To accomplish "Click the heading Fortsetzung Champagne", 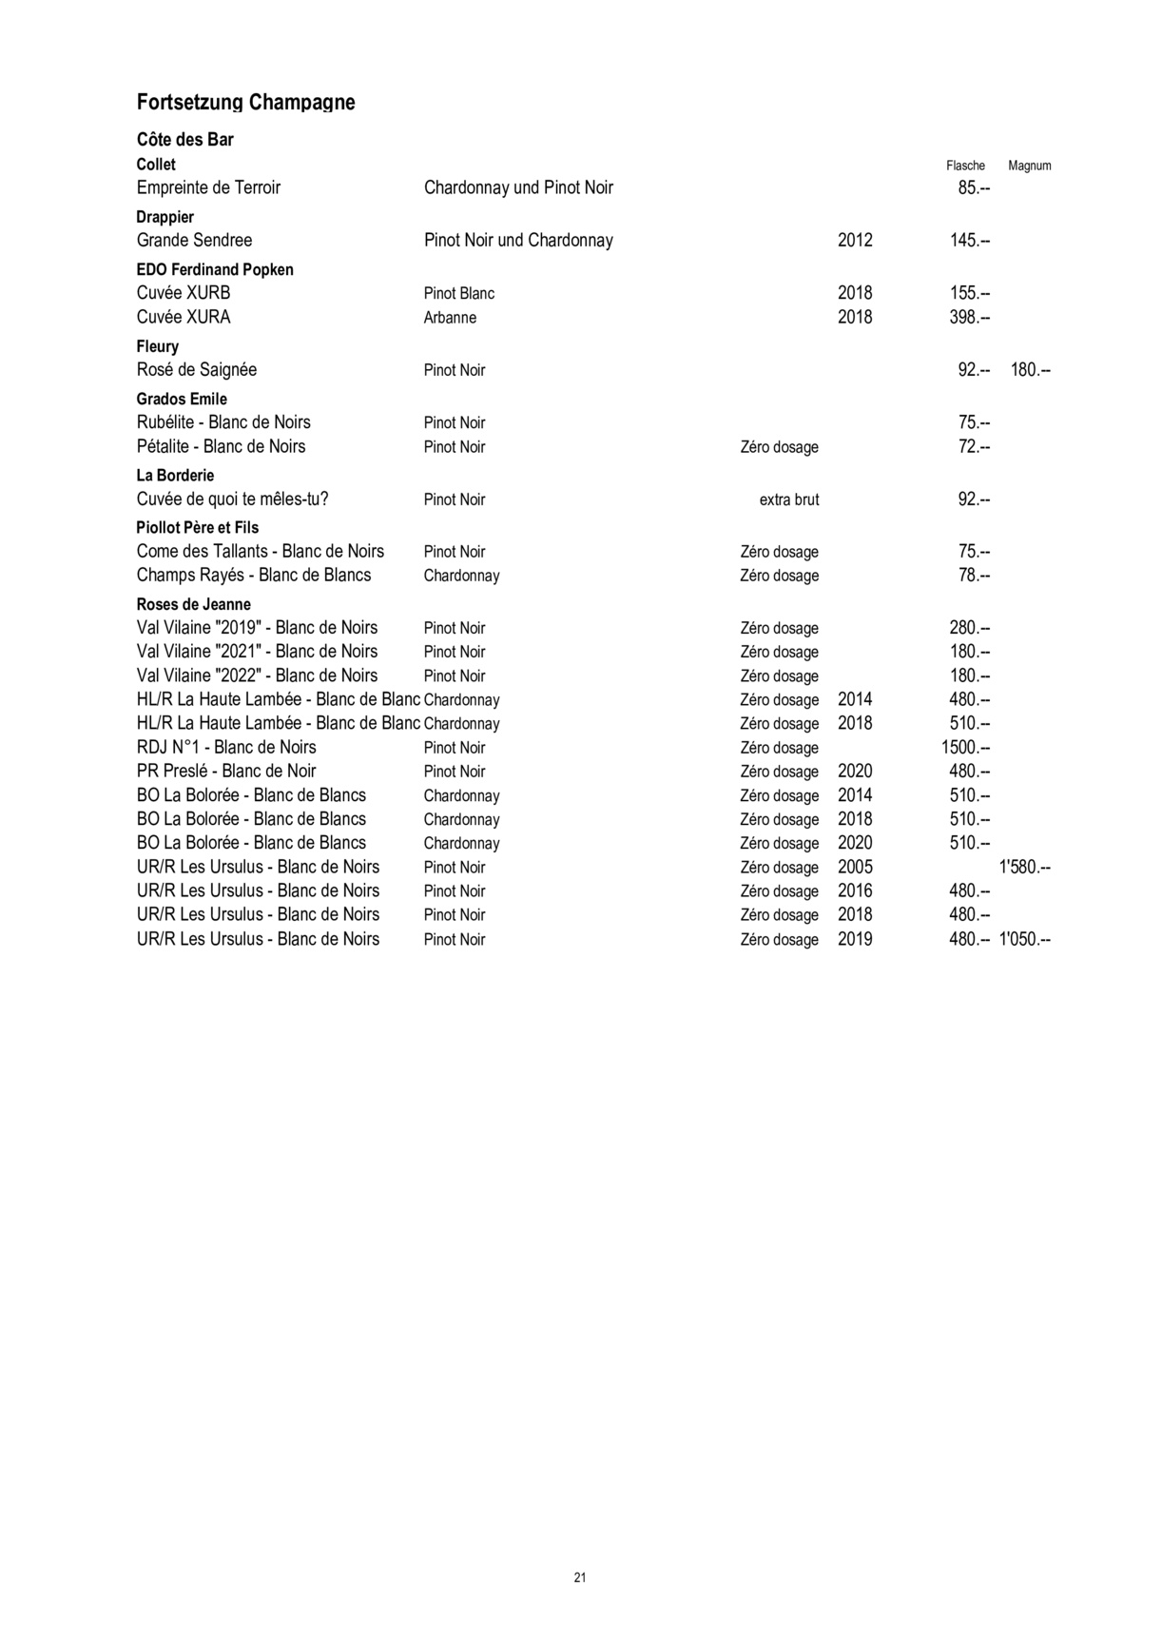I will coord(245,103).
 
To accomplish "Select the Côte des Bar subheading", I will coord(184,140).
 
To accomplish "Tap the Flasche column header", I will coord(965,166).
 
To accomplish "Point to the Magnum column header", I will coord(1029,166).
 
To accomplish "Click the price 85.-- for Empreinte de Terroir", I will coord(974,188).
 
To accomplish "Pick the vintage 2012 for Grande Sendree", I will coord(855,241).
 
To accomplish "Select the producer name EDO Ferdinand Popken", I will coord(215,270).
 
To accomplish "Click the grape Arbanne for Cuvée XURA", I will coord(450,318).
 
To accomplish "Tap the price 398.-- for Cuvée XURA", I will coord(970,317).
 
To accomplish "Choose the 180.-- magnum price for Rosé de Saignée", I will coord(1030,370).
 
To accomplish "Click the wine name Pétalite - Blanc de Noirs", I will coord(221,447).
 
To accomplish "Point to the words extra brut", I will coord(788,500).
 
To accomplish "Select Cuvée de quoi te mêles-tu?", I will coord(232,499).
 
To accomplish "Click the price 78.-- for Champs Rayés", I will coord(974,576).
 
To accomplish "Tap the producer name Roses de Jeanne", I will coord(193,605).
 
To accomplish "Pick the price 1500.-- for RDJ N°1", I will coord(965,748).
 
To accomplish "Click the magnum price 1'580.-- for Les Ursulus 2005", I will coord(1024,868).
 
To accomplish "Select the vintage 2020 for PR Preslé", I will coord(855,772).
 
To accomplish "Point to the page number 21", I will coord(580,1577).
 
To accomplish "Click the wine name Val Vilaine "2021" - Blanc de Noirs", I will coord(257,652).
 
